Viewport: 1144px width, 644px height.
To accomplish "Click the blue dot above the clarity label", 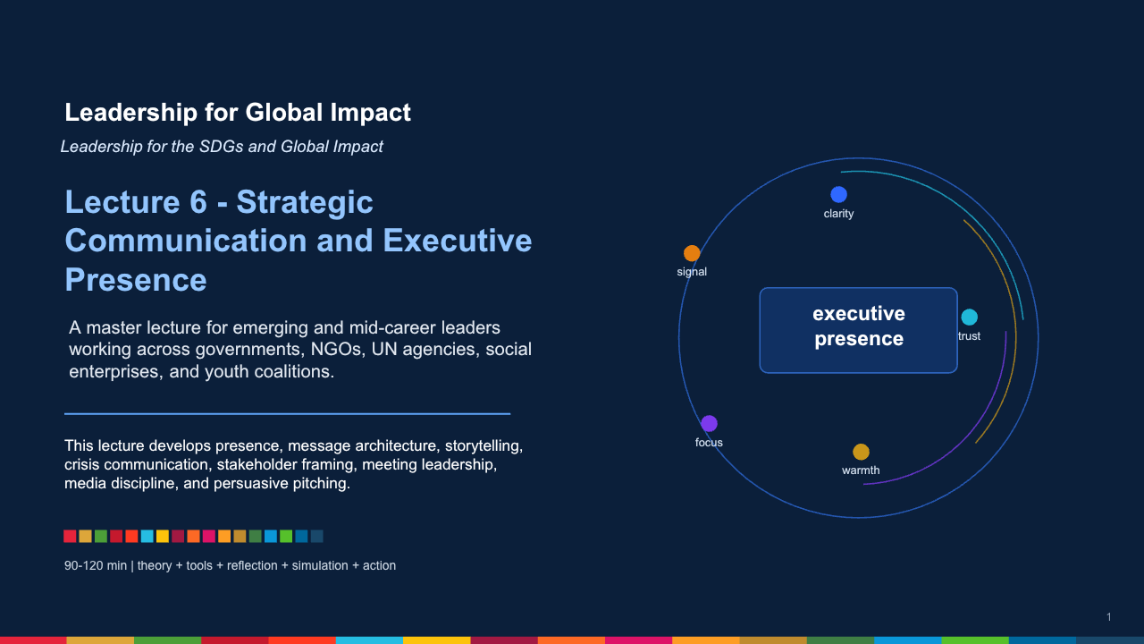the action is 838,194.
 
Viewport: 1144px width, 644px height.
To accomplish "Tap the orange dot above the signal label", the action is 692,253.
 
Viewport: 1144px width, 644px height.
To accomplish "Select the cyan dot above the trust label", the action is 970,317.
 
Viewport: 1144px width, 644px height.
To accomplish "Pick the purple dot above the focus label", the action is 709,423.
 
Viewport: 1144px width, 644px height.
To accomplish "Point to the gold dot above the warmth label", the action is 861,452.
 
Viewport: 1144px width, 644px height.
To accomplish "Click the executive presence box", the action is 859,330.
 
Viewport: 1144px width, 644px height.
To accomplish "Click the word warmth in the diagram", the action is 861,470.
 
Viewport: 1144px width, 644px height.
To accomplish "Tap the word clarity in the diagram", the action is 838,214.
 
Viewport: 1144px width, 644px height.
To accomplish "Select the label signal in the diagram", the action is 692,272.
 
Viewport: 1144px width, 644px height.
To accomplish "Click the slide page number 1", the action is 1109,617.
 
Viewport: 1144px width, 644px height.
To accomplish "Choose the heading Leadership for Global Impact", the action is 238,113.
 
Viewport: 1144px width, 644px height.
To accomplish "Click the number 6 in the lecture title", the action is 198,202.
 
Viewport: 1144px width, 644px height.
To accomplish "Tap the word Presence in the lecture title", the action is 135,280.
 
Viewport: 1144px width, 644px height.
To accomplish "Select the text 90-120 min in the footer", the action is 96,566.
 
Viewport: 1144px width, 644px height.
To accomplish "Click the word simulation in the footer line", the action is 320,566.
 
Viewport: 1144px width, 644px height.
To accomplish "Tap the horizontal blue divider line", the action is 287,413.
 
